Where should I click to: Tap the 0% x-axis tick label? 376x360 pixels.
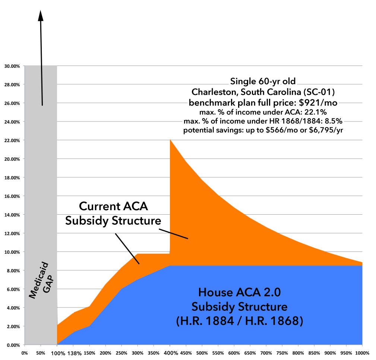(25, 353)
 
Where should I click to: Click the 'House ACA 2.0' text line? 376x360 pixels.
(239, 292)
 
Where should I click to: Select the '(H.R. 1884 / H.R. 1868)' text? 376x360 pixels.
(239, 320)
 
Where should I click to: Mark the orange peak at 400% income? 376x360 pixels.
(170, 140)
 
